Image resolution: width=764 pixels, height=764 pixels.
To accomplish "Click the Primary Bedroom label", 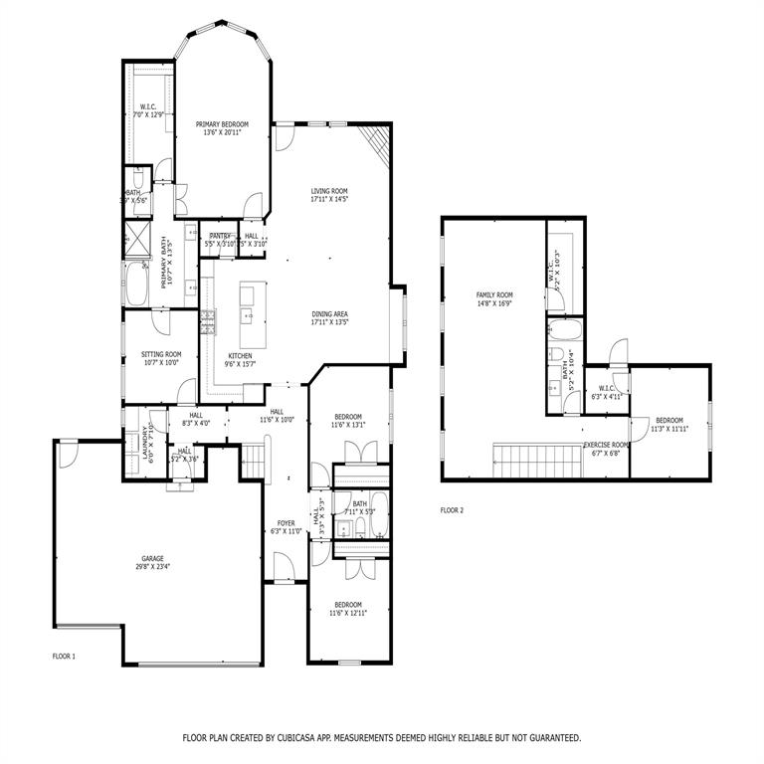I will (x=222, y=124).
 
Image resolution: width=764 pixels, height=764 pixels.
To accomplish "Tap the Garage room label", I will (x=152, y=559).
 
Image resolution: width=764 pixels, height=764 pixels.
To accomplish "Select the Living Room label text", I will (x=329, y=191).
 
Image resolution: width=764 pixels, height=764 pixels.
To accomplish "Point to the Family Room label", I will (x=493, y=295).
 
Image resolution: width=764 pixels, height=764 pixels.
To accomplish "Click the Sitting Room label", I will (x=159, y=354).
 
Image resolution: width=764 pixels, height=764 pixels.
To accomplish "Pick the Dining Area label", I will (x=329, y=314).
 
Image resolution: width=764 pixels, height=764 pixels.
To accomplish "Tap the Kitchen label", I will (x=240, y=355).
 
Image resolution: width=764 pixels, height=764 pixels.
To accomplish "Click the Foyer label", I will (x=286, y=523).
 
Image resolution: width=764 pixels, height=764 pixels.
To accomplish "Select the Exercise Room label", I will (x=606, y=445).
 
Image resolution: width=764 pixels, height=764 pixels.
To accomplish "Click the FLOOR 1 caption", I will (x=64, y=657).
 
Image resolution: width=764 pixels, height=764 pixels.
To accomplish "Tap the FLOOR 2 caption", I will (x=452, y=510).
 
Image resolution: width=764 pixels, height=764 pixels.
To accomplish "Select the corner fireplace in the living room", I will (x=375, y=145).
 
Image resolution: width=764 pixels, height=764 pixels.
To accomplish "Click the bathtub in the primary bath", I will (x=136, y=285).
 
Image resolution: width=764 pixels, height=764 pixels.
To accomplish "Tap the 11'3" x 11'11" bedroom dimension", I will (x=669, y=430).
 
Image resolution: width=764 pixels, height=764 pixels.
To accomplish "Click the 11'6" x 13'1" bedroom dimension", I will (x=348, y=425).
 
